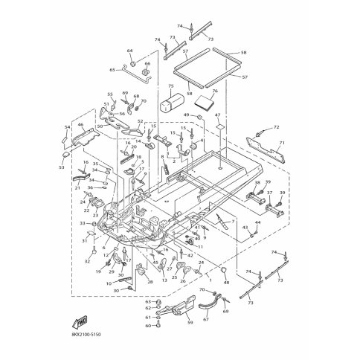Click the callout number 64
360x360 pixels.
point(129,51)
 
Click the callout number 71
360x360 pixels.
point(281,142)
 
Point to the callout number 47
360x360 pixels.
point(218,115)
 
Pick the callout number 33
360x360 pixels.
point(82,223)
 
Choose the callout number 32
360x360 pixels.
point(87,262)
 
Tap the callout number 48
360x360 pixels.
point(225,283)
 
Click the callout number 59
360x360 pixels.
point(189,323)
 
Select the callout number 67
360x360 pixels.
point(208,320)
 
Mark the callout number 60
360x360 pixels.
point(147,326)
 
